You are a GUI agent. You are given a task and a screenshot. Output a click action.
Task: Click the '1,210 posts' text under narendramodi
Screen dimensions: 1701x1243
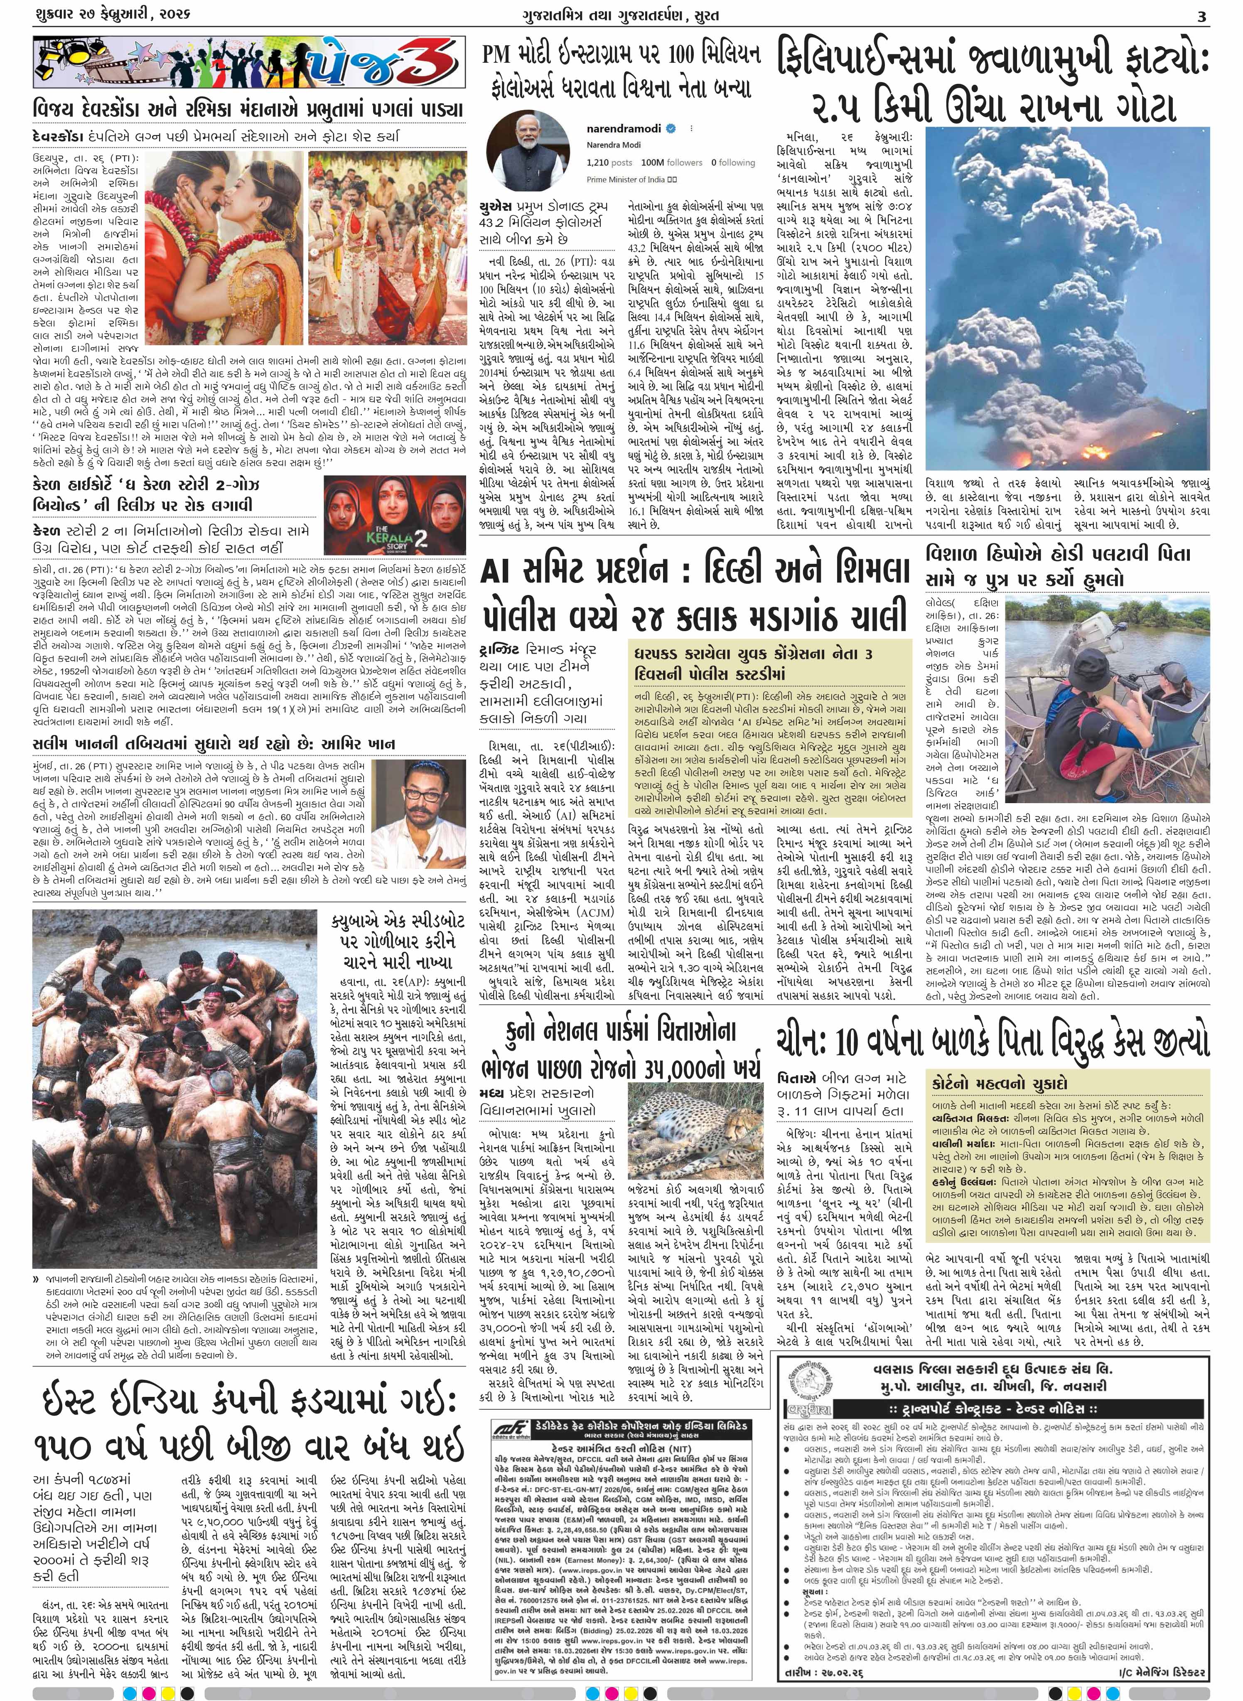coord(609,162)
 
